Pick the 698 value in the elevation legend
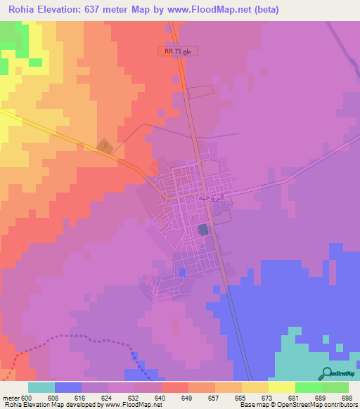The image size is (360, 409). (347, 397)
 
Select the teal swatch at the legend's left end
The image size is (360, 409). (41, 387)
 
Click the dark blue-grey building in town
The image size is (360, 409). (203, 229)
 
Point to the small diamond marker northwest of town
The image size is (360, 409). (104, 146)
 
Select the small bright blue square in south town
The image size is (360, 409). (183, 271)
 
